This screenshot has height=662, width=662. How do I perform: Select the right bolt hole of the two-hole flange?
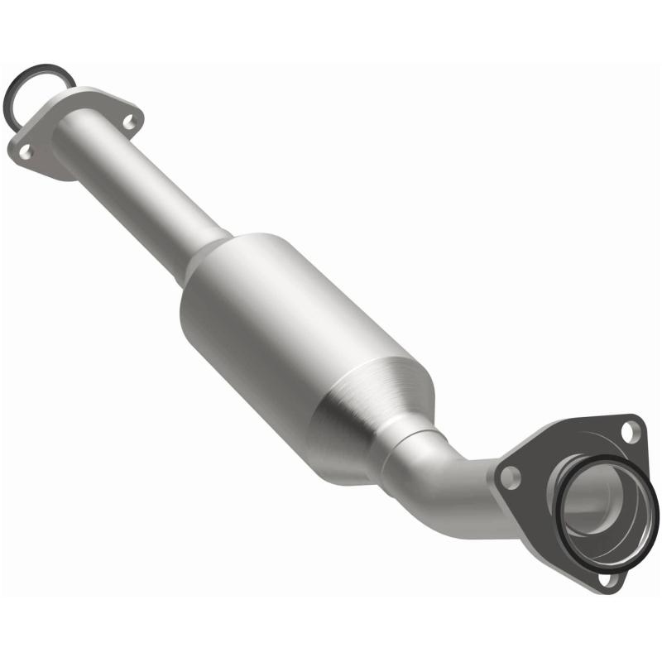coord(128,122)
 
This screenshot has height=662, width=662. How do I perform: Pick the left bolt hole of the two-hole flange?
coord(26,151)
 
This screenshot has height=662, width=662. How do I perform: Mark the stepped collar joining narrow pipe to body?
coord(203,252)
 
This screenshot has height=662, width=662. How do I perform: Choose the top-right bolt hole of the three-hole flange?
coord(631,429)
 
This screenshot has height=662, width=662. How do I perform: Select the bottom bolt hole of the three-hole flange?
coord(609,578)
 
